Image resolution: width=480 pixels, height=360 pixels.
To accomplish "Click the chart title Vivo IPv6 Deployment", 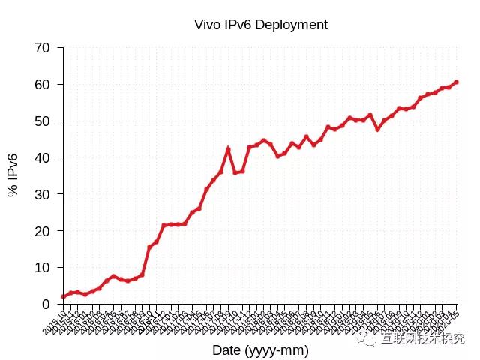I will pos(260,25).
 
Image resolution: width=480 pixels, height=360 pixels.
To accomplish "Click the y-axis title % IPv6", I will pos(13,175).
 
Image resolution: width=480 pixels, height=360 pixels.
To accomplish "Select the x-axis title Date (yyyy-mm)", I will pos(260,350).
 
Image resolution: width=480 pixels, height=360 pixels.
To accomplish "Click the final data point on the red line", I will pos(456,82).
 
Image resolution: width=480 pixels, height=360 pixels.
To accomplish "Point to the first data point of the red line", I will pos(63,296).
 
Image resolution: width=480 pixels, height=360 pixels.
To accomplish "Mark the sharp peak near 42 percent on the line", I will pos(228,149).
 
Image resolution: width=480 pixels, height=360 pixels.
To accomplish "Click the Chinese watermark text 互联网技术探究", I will pos(422,340).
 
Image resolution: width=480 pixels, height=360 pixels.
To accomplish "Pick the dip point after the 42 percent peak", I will pos(235,172).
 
